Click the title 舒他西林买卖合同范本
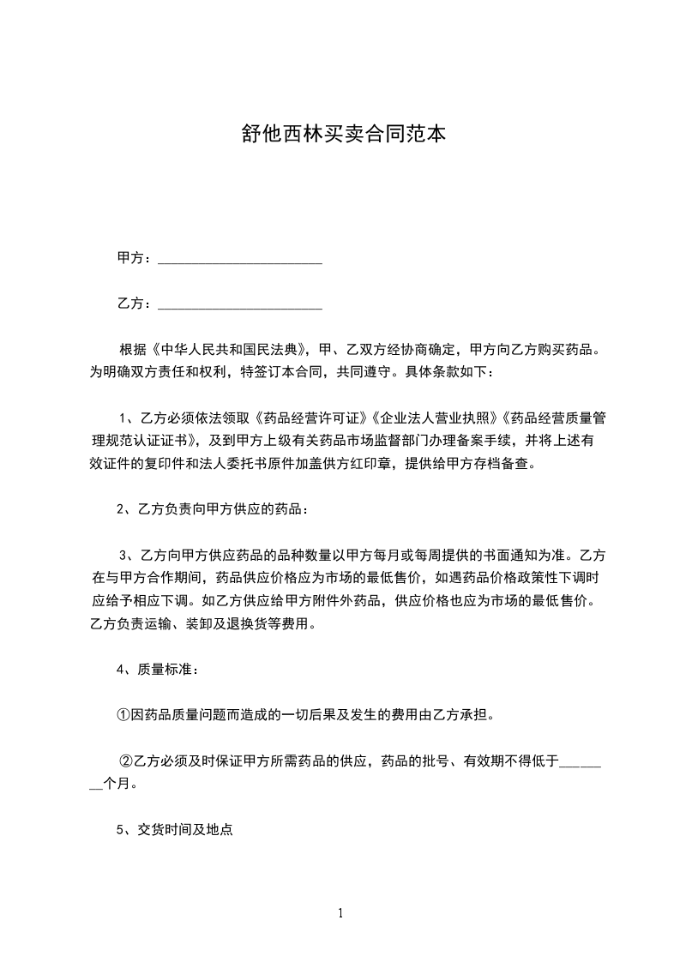[x=340, y=135]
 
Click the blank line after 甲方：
[x=240, y=259]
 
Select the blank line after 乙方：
[x=240, y=304]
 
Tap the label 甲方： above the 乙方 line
[x=135, y=258]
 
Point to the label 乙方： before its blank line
[x=135, y=304]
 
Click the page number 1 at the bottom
[x=340, y=914]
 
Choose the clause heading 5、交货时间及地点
[x=175, y=830]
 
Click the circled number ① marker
[x=123, y=714]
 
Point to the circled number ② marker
[x=126, y=760]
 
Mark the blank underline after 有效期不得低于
[x=581, y=761]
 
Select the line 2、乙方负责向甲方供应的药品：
[x=212, y=509]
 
